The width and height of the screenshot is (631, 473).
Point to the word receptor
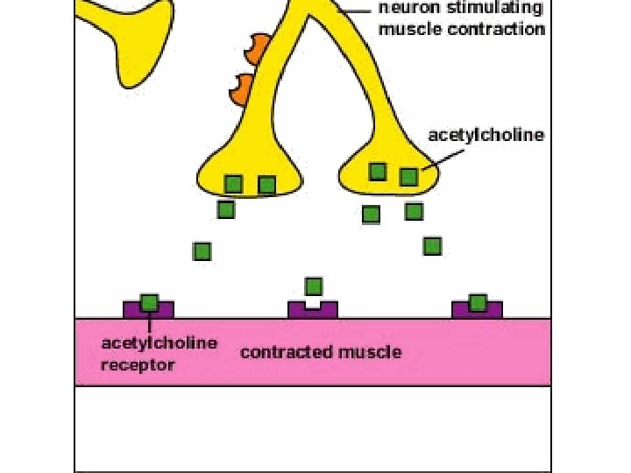137,365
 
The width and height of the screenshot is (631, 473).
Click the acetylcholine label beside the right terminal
486,135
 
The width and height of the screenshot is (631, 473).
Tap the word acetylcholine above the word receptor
159,342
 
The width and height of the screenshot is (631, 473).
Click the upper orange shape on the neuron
256,49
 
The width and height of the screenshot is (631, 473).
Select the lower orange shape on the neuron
241,86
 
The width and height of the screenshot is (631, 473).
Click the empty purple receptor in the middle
313,309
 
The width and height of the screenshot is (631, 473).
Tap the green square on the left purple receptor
149,302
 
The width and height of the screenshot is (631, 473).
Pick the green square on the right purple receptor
478,302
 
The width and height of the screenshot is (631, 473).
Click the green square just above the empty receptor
313,286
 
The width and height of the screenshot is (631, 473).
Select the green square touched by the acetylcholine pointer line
408,177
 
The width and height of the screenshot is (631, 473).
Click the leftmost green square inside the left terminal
233,183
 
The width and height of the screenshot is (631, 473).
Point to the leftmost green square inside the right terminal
377,172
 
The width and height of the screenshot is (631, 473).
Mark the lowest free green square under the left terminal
202,251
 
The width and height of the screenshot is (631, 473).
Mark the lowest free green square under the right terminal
432,246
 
